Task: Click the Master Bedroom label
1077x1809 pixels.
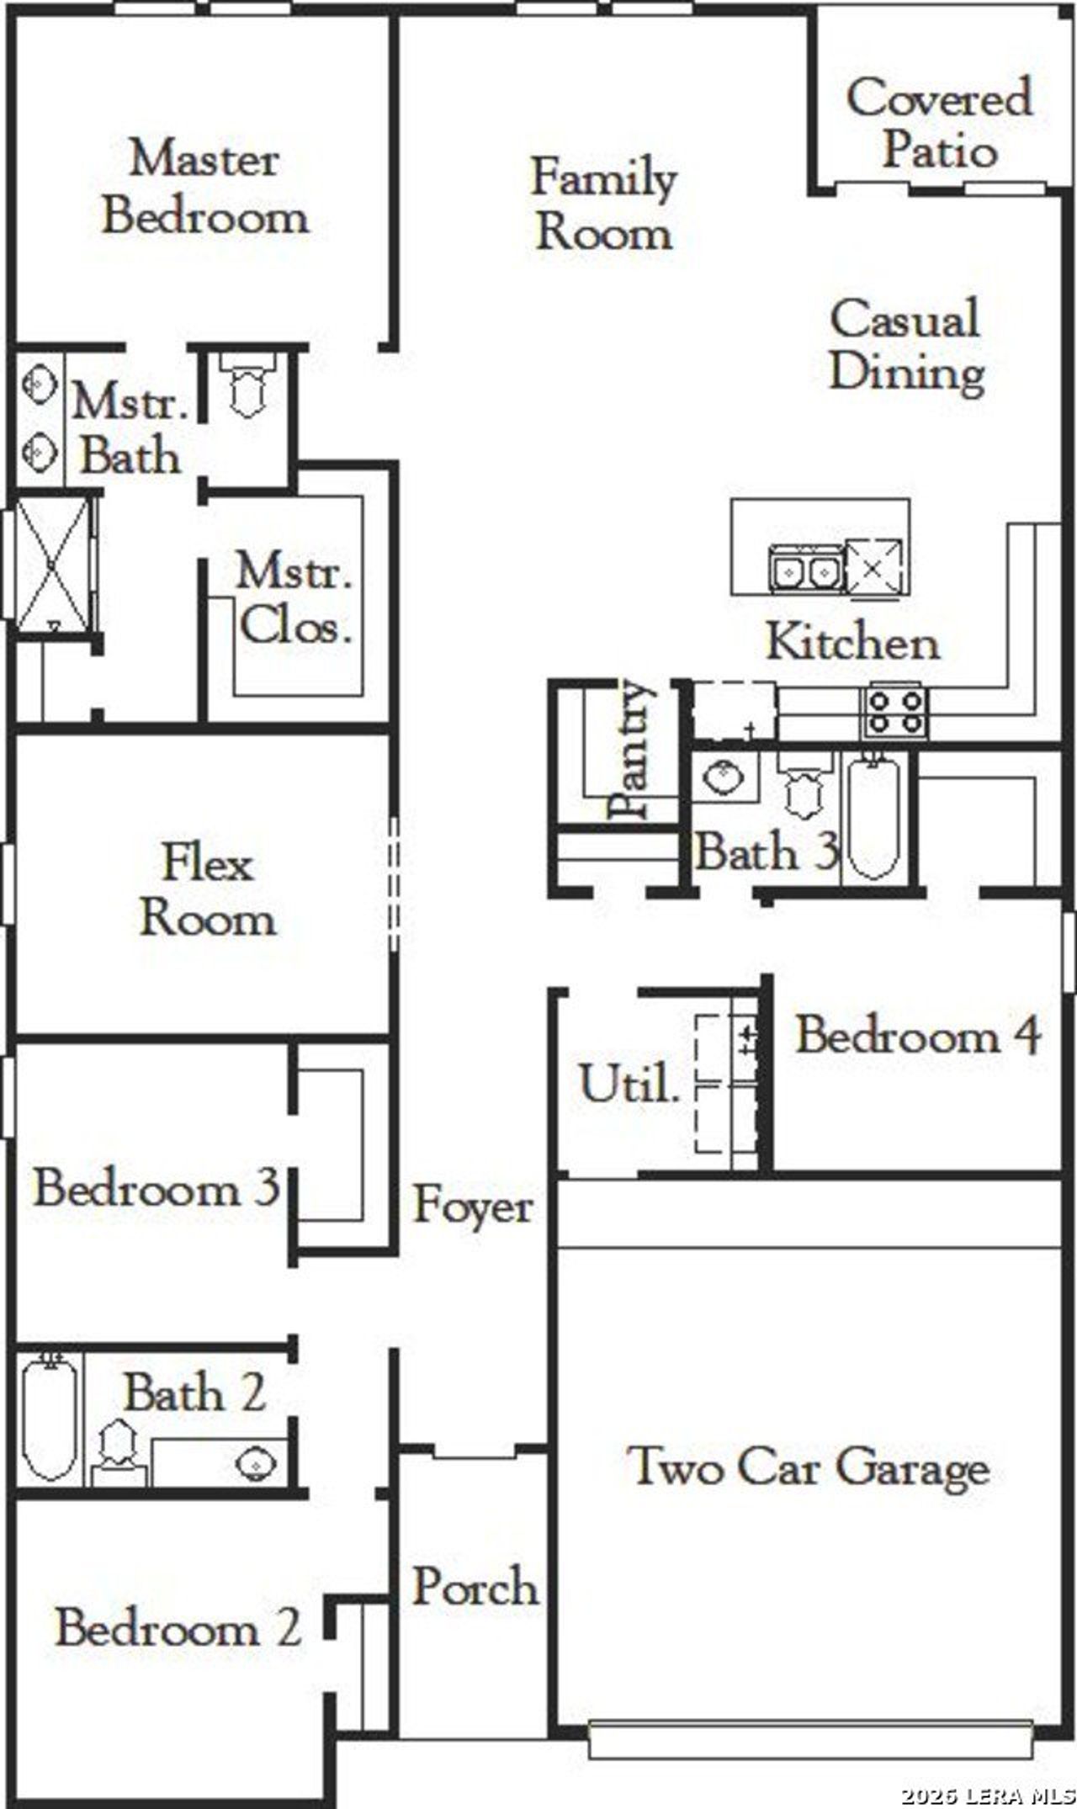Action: (204, 188)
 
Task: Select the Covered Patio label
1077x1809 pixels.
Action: (939, 124)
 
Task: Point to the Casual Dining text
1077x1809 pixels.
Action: (906, 345)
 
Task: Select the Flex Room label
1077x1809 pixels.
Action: (207, 890)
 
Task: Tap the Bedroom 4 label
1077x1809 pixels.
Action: (919, 1035)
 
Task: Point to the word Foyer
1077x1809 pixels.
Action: (473, 1207)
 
